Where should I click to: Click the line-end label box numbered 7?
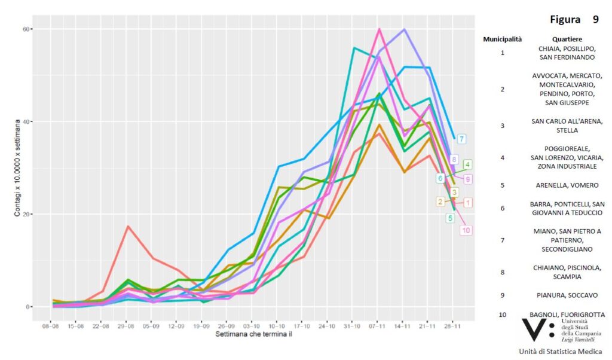[463, 139]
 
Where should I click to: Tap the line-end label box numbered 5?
[450, 218]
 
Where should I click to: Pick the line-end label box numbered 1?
[468, 203]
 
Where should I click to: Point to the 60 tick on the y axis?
[27, 29]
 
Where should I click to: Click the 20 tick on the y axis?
[27, 214]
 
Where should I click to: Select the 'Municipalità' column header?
[502, 39]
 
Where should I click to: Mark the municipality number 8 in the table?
[502, 272]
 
